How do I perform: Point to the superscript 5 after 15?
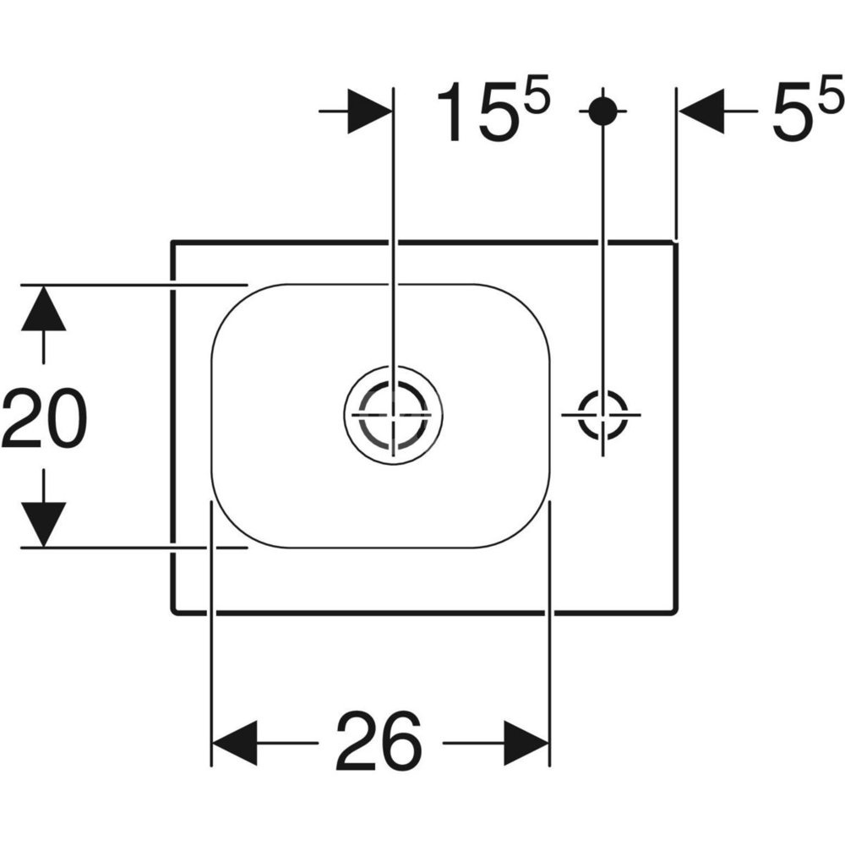click(x=537, y=95)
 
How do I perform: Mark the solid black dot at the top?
click(x=602, y=111)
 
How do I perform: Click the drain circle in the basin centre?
click(x=394, y=414)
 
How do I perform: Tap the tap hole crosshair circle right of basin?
click(x=602, y=414)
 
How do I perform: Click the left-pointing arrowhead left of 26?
click(x=235, y=743)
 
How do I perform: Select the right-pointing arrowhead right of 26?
click(x=526, y=743)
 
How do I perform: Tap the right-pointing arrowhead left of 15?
click(x=370, y=112)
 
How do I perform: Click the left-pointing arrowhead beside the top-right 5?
click(x=701, y=112)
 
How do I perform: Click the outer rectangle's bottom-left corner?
click(x=172, y=612)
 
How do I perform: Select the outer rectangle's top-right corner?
click(x=677, y=242)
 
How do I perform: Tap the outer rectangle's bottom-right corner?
click(x=677, y=612)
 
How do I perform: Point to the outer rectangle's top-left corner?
click(x=172, y=242)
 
